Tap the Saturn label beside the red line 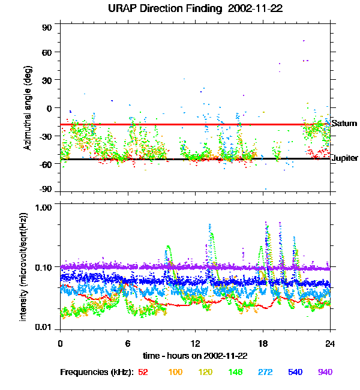[344, 124]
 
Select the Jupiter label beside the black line [345, 158]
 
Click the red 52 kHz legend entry [143, 372]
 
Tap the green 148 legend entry [235, 372]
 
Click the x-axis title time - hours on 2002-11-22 [195, 356]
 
